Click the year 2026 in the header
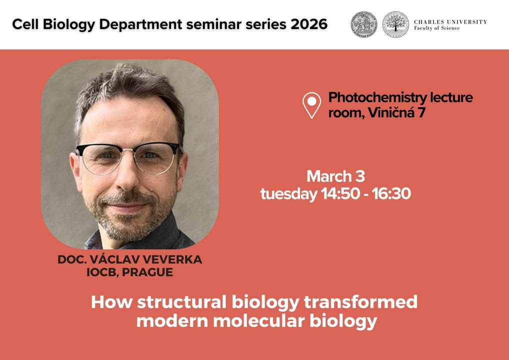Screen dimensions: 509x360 [x=308, y=24]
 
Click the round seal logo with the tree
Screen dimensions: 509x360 [x=395, y=24]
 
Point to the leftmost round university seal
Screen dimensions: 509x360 [x=364, y=24]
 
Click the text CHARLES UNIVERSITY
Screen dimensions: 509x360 [x=450, y=22]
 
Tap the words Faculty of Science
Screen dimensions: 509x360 [x=436, y=28]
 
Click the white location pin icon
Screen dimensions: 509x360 [x=311, y=105]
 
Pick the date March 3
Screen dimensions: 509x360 [x=335, y=176]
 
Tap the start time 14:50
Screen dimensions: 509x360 [x=340, y=194]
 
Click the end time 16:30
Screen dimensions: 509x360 [x=391, y=194]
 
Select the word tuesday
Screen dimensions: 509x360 [x=289, y=194]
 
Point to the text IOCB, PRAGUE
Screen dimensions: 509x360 [x=130, y=272]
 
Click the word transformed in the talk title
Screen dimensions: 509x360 [x=360, y=302]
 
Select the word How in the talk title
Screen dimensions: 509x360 [x=112, y=302]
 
